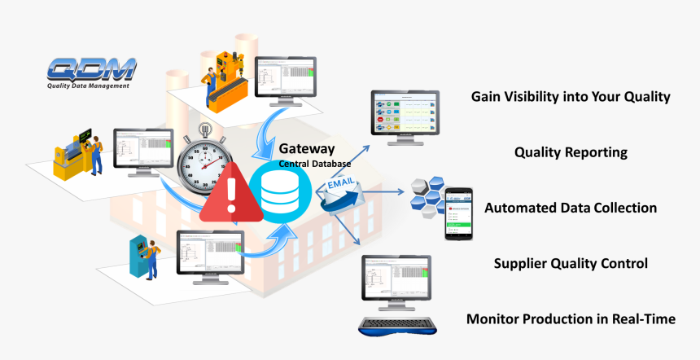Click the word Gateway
point(306,150)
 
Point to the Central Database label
point(317,165)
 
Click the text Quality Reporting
point(571,152)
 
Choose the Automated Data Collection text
point(571,208)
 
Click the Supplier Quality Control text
point(571,263)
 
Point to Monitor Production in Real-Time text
point(571,318)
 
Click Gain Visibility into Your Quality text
point(571,97)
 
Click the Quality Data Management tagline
point(87,85)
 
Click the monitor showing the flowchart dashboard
point(405,116)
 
